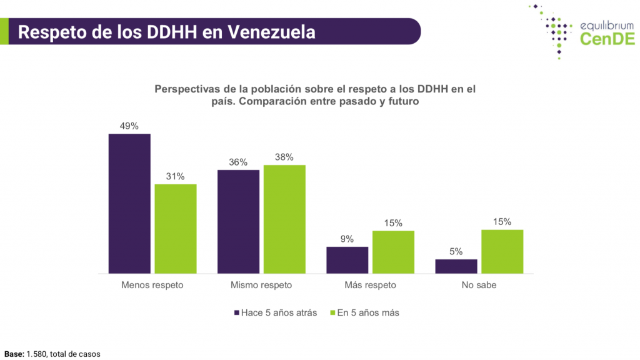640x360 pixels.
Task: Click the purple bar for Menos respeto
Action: (129, 203)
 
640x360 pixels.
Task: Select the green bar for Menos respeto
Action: (176, 229)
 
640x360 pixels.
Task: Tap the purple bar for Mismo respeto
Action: (238, 221)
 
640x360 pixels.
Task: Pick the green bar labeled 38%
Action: (284, 219)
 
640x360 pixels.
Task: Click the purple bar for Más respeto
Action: (347, 260)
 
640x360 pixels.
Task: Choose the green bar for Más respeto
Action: (393, 252)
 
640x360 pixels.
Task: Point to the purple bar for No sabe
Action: (456, 266)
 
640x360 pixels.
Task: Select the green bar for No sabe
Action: (502, 251)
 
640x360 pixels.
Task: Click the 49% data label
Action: (129, 126)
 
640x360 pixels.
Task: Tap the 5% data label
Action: (456, 251)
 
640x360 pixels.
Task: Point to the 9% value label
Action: (347, 239)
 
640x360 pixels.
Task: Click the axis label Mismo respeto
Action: (261, 285)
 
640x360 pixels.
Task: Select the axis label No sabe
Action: (479, 285)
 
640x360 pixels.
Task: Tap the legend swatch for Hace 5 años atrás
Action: (237, 312)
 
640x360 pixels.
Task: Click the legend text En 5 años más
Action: (367, 312)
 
